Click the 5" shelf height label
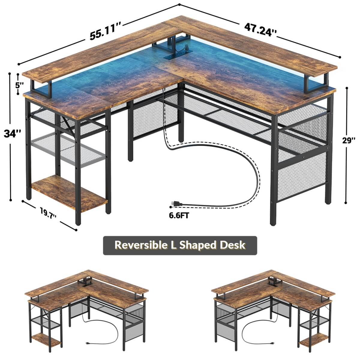click(19, 85)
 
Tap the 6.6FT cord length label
click(179, 215)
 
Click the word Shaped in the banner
click(198, 245)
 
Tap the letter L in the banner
click(174, 245)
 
